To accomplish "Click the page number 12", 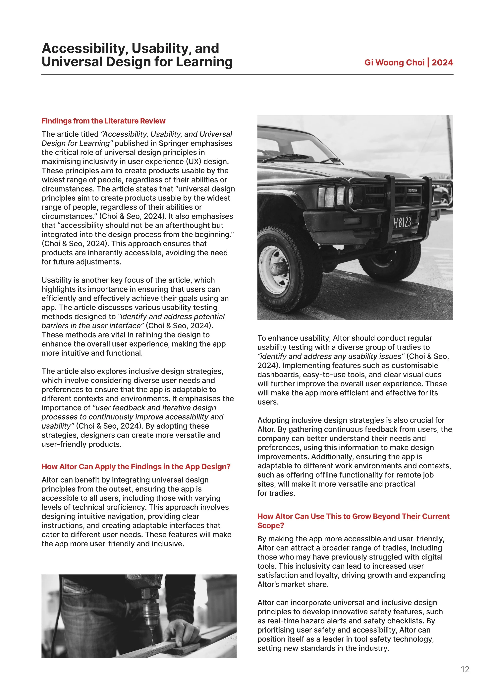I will pos(465,669).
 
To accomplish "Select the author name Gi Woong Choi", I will pos(394,63).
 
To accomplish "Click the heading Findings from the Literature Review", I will pos(103,121).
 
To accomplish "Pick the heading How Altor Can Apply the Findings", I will pos(136,467).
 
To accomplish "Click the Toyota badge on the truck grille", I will pos(412,190).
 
